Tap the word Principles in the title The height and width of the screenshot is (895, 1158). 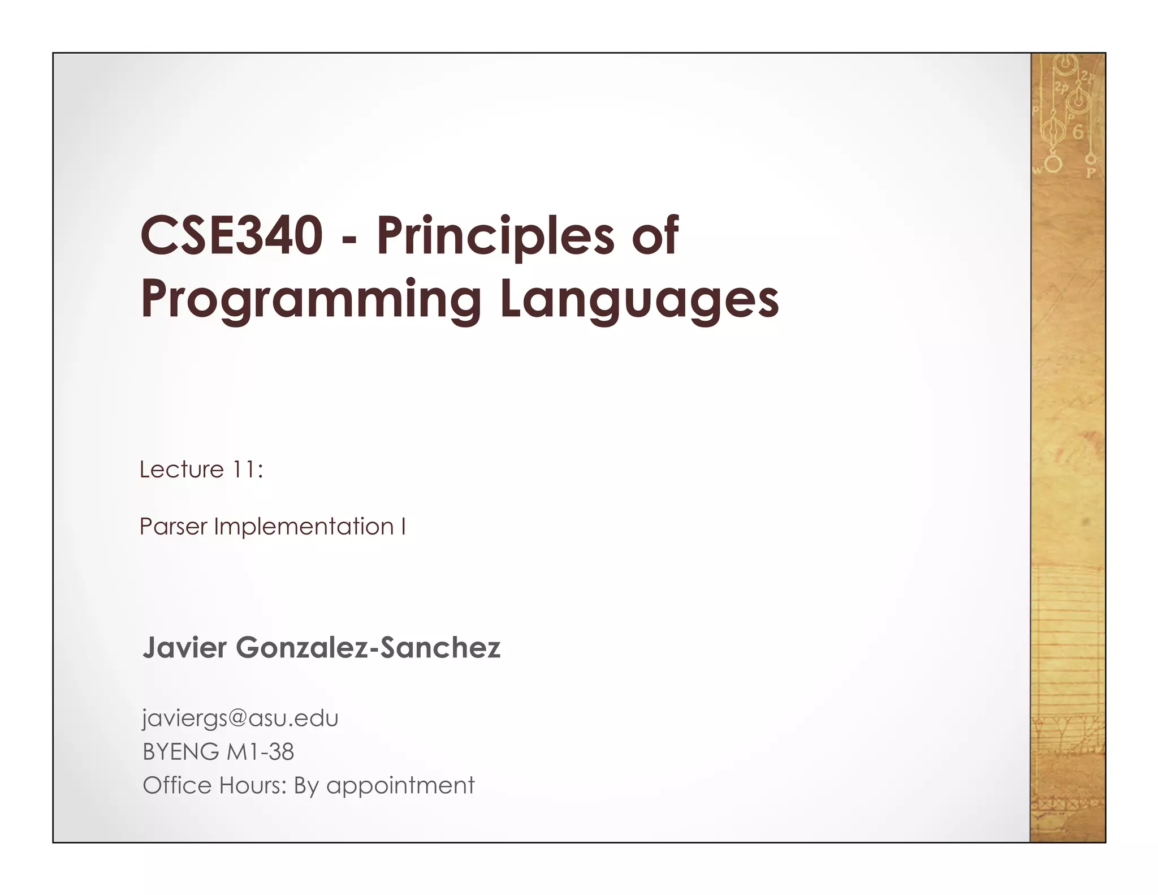point(495,236)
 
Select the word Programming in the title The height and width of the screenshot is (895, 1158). point(310,300)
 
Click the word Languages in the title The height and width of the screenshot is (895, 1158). point(639,300)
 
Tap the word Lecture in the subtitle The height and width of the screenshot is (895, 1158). point(182,469)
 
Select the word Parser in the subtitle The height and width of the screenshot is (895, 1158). point(172,527)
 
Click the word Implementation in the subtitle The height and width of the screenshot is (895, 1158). point(304,527)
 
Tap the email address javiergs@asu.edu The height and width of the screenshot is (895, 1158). point(240,718)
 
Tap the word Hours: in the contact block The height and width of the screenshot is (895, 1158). point(253,785)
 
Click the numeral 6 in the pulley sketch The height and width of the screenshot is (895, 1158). point(1078,132)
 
